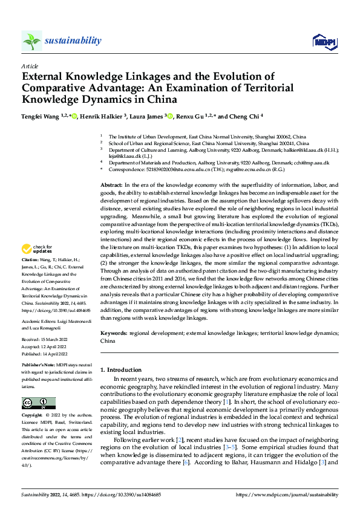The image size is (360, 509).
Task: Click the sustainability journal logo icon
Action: pos(32,41)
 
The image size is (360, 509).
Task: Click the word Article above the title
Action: pos(30,65)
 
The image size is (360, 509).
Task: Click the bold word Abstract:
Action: pos(111,184)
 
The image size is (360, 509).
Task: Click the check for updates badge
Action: pos(38,265)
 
